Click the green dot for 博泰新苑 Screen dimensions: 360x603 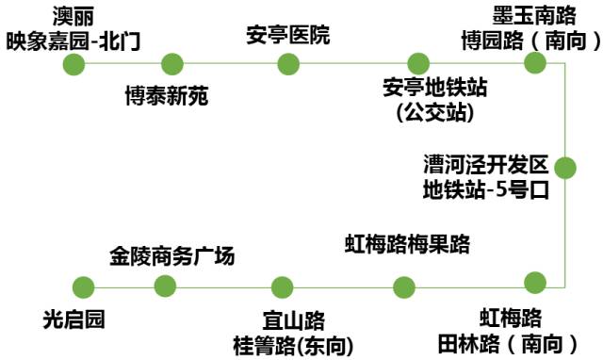[171, 64]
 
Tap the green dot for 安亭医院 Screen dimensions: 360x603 [288, 64]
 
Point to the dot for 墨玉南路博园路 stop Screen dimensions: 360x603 [535, 63]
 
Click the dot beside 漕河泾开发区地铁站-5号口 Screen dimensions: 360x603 [564, 168]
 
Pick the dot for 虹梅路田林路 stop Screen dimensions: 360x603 [535, 282]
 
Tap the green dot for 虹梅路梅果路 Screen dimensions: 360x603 [404, 287]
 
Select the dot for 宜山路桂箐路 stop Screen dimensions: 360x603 [282, 287]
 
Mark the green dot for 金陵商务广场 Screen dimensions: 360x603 [165, 286]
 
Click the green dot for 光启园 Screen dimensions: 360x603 [84, 287]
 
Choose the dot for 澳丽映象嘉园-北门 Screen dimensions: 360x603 [73, 64]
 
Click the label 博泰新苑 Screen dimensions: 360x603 [167, 97]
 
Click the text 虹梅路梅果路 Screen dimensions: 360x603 [406, 246]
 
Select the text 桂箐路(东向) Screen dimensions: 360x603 [293, 346]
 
